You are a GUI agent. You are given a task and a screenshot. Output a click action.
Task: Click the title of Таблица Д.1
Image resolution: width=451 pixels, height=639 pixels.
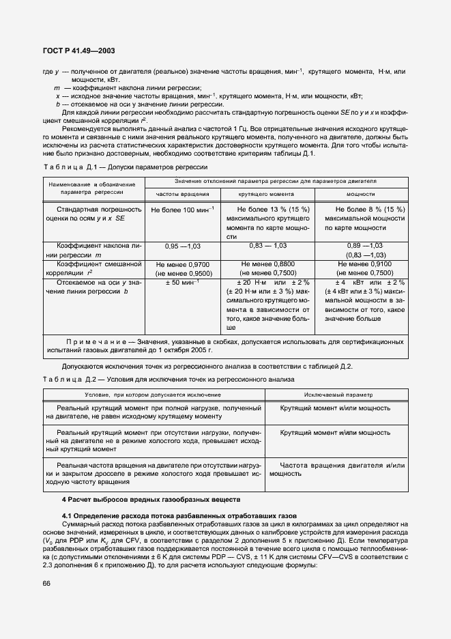click(x=125, y=167)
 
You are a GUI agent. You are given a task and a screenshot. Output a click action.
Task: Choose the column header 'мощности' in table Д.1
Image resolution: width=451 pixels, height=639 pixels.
click(x=360, y=195)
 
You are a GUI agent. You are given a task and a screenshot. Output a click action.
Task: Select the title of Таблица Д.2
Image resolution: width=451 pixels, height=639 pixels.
click(x=160, y=379)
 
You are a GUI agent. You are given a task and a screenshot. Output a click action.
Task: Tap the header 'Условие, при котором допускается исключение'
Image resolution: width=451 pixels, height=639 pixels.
click(x=153, y=395)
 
